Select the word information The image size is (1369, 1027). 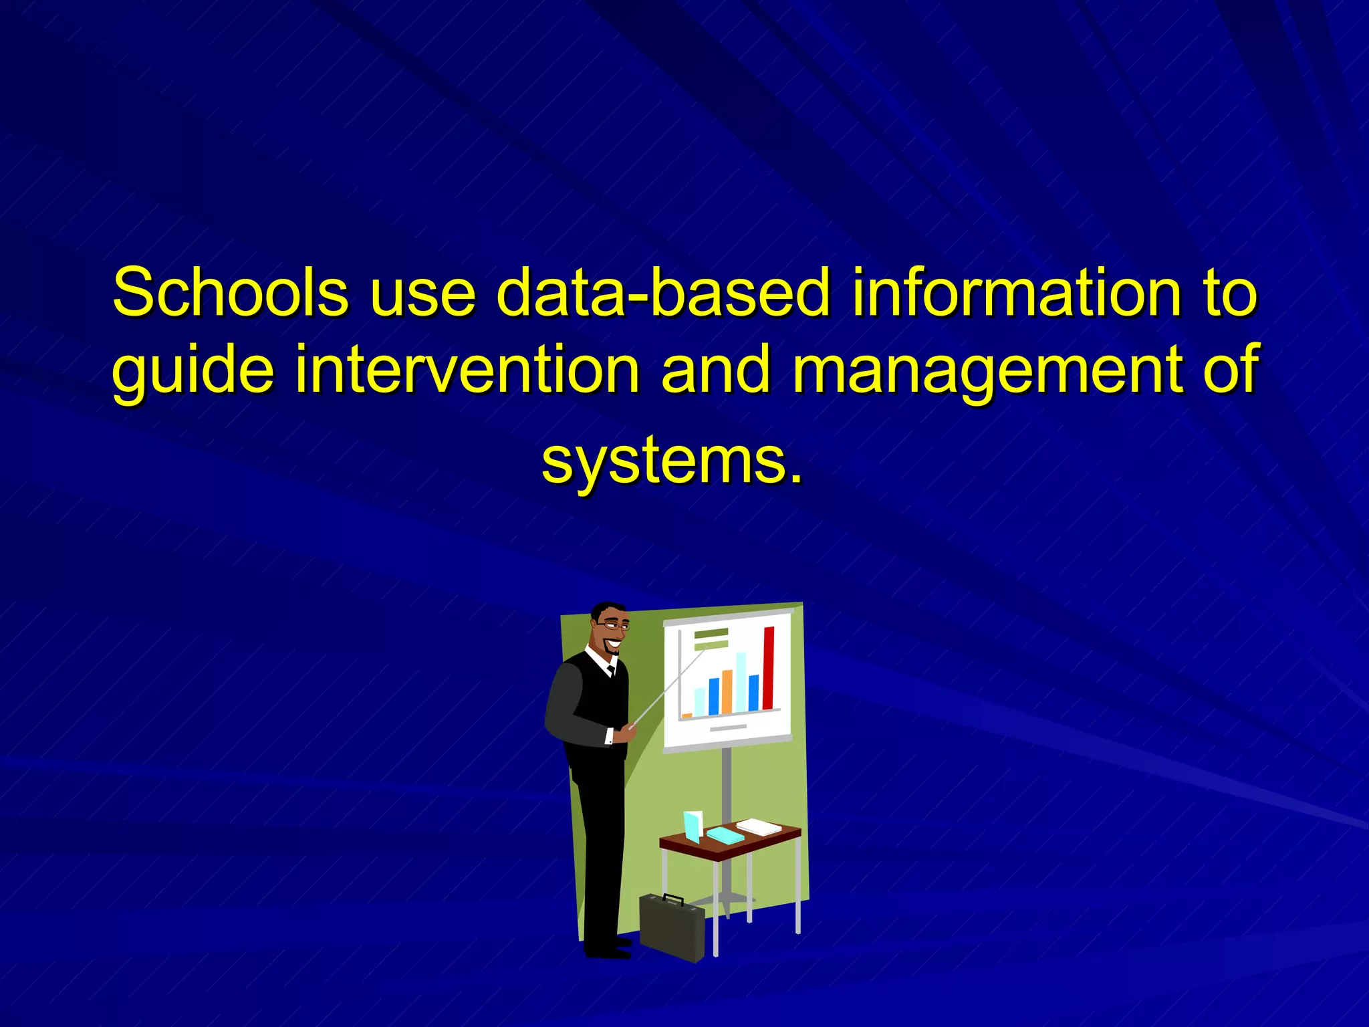[x=1016, y=293]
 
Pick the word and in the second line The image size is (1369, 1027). [x=715, y=369]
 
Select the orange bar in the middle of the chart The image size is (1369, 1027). [x=727, y=691]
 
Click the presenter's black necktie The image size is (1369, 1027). [x=611, y=670]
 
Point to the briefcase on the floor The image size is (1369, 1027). [x=672, y=928]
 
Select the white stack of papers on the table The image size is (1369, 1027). [x=759, y=827]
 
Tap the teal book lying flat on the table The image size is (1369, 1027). [x=725, y=835]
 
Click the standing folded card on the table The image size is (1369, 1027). [x=693, y=826]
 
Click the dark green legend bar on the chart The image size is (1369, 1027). [x=711, y=633]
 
